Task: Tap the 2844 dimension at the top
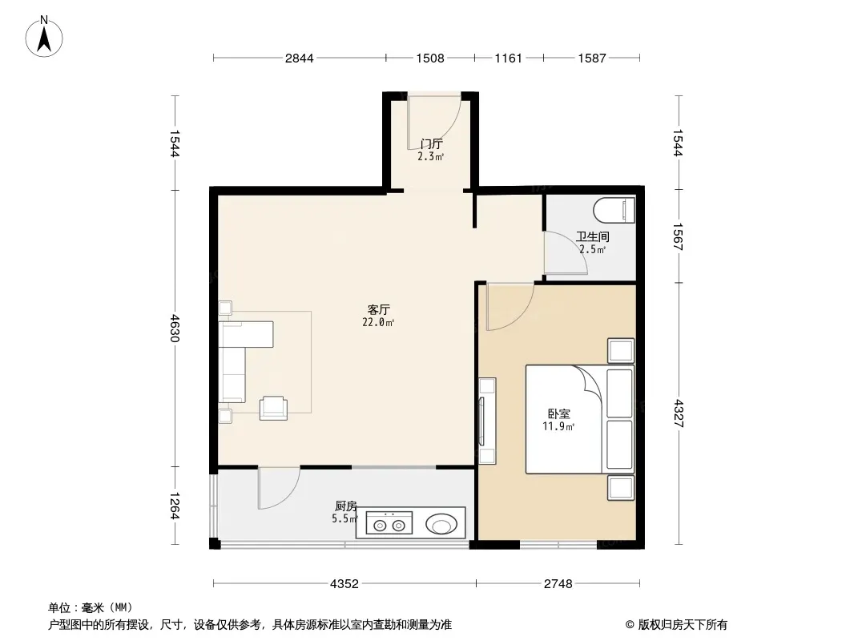pos(300,58)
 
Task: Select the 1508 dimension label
pos(430,58)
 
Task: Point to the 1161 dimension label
pos(508,58)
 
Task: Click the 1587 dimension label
pos(592,58)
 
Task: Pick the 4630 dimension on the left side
pos(175,327)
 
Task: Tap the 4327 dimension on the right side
pos(679,413)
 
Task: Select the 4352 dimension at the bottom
pos(344,584)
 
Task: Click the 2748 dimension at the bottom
pos(558,584)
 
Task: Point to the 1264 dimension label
pos(175,506)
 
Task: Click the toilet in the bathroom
pos(614,211)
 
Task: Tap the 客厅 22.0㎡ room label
pos(378,316)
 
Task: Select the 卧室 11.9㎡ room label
pos(559,420)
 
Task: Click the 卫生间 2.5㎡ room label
pos(593,243)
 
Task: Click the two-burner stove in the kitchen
pos(389,523)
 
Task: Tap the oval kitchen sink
pos(441,525)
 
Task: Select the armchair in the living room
pos(273,408)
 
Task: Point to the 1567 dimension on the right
pos(679,237)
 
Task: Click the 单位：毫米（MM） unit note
pos(91,608)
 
